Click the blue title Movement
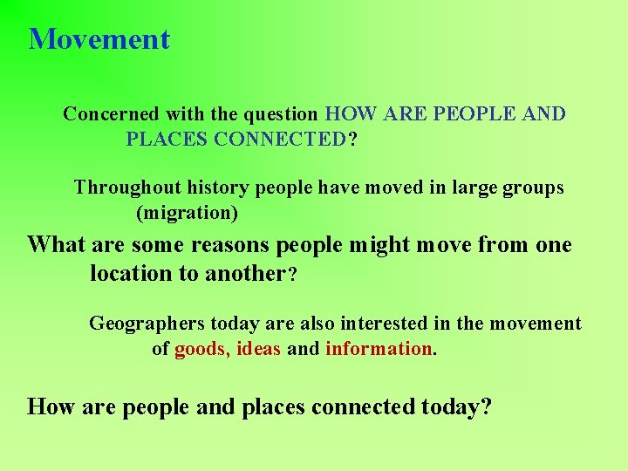pos(99,39)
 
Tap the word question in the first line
pos(280,114)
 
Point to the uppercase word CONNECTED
pos(279,140)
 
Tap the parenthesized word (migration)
pos(187,213)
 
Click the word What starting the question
pos(54,245)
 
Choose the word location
pos(132,274)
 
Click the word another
pos(245,274)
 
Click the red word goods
pos(201,350)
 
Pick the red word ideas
pos(258,350)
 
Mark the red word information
pos(379,350)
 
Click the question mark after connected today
pos(486,406)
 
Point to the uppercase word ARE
pos(405,114)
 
